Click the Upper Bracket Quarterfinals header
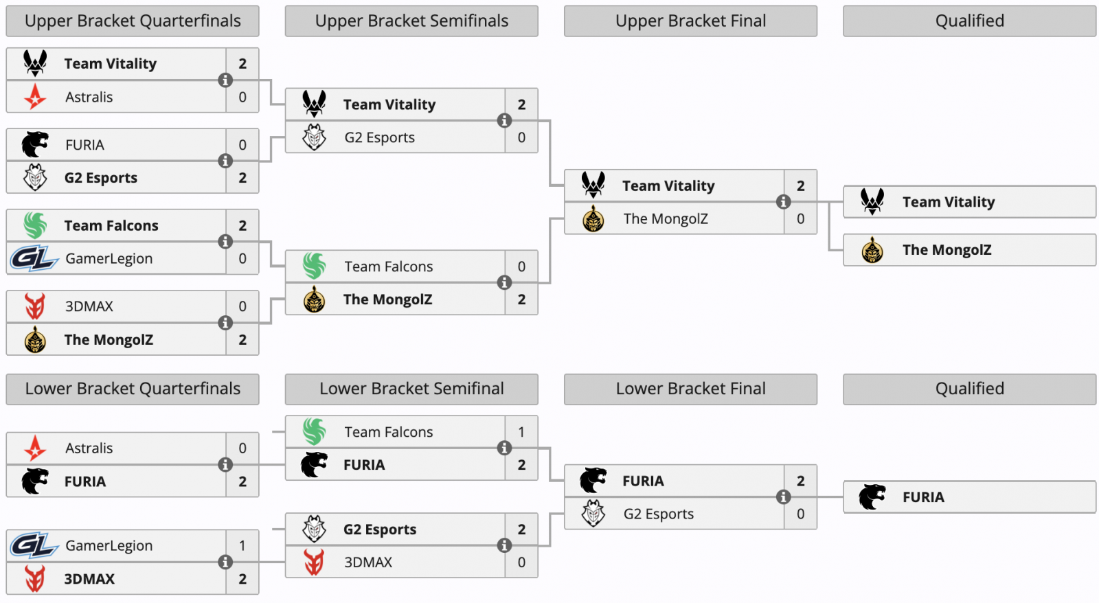pos(133,21)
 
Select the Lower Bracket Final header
pos(690,389)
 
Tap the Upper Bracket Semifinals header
pos(411,21)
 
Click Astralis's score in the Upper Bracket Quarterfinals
pos(242,97)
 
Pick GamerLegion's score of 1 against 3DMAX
pos(242,545)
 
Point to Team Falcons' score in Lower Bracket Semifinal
pos(521,432)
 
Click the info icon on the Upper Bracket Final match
pos(783,202)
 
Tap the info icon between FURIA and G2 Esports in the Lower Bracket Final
pos(783,497)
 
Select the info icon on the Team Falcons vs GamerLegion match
pos(225,242)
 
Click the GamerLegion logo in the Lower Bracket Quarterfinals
pos(34,545)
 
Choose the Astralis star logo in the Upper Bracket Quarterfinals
pos(35,97)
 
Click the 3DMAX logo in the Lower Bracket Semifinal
pos(314,562)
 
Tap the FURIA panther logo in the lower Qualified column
pos(872,497)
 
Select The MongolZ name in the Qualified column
pos(947,250)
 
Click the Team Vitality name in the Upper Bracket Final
pos(668,186)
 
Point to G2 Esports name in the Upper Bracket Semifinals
pos(379,138)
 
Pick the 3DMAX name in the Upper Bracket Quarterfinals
pos(89,307)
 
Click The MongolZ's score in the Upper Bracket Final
pos(801,219)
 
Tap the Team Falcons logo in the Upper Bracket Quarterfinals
pos(35,226)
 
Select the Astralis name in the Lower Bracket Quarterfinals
pos(89,448)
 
